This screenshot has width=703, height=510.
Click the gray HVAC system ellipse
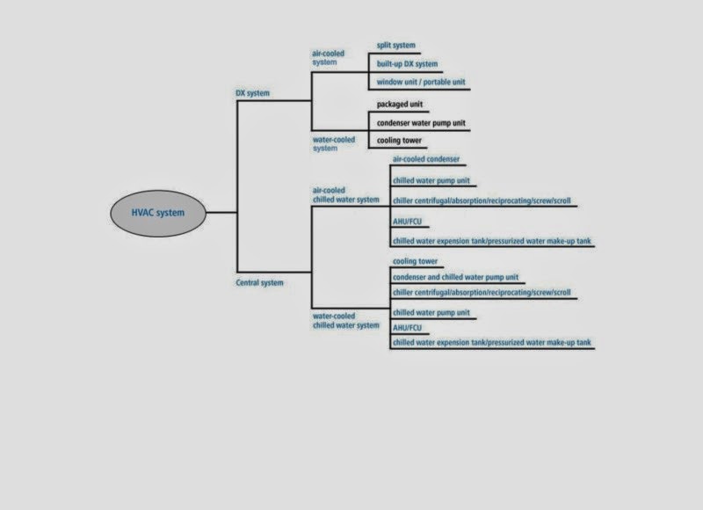[159, 212]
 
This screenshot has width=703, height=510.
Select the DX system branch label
[252, 92]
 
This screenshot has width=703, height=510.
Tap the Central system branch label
[260, 283]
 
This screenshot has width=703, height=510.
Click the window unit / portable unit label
[421, 82]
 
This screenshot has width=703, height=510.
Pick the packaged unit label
[400, 104]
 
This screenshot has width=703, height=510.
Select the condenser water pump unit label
[421, 123]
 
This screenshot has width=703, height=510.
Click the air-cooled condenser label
[426, 159]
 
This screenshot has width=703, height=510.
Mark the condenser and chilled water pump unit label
[455, 278]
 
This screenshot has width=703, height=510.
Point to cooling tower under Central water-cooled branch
[417, 261]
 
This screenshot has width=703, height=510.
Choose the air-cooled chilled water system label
[346, 194]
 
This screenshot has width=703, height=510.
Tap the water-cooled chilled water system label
[346, 320]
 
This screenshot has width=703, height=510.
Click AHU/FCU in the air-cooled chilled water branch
[408, 221]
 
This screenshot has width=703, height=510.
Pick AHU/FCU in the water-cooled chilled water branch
[408, 327]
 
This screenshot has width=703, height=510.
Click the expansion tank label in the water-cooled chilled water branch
[492, 341]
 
